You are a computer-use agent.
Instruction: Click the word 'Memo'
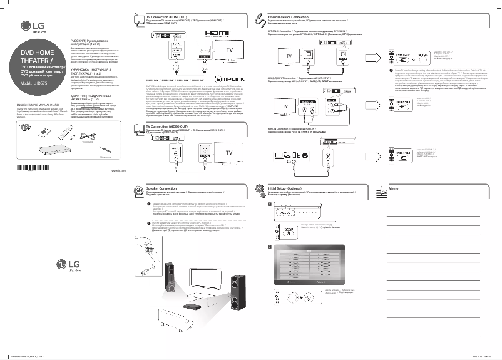coord(393,188)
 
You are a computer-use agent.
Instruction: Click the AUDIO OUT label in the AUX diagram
coord(307,101)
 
